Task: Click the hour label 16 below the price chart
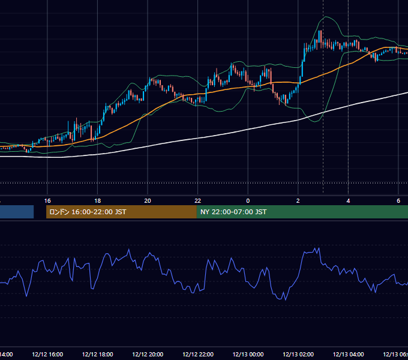(x=47, y=201)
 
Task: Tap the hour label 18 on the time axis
(x=98, y=201)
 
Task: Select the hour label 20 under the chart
(x=148, y=201)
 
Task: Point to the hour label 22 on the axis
(x=198, y=201)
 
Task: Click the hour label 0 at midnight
(x=248, y=201)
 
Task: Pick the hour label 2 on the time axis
(x=298, y=201)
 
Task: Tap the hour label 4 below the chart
(x=348, y=201)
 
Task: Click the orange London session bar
(x=121, y=212)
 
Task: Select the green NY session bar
(x=302, y=212)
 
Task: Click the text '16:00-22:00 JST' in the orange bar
(x=99, y=212)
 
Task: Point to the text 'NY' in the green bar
(x=205, y=212)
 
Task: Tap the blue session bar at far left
(x=17, y=212)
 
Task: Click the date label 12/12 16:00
(x=47, y=354)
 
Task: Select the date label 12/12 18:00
(x=98, y=354)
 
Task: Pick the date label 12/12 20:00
(x=148, y=354)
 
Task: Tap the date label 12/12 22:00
(x=198, y=354)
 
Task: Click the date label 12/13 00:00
(x=248, y=354)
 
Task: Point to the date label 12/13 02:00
(x=298, y=354)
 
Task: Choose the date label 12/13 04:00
(x=348, y=354)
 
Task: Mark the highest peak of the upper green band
(x=326, y=16)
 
